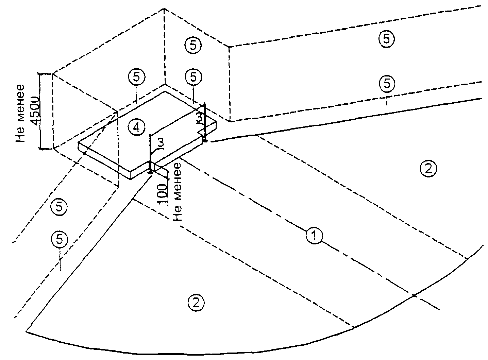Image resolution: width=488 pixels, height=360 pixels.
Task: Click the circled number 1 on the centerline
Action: [x=315, y=235]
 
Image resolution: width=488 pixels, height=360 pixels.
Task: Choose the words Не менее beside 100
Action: [x=177, y=192]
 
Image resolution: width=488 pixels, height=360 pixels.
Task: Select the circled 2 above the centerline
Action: [x=428, y=168]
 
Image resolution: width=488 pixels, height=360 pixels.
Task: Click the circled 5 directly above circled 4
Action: [x=136, y=77]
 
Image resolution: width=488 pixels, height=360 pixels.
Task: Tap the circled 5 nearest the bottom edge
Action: [x=60, y=239]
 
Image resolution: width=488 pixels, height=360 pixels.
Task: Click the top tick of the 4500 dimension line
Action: [x=40, y=73]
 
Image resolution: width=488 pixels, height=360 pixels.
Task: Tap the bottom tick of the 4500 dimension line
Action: [x=40, y=149]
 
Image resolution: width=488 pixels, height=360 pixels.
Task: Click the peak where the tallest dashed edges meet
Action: [x=165, y=9]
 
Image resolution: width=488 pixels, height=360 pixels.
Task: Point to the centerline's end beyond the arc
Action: [x=440, y=310]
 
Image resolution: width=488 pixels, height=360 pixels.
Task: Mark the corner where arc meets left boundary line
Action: [x=27, y=330]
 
